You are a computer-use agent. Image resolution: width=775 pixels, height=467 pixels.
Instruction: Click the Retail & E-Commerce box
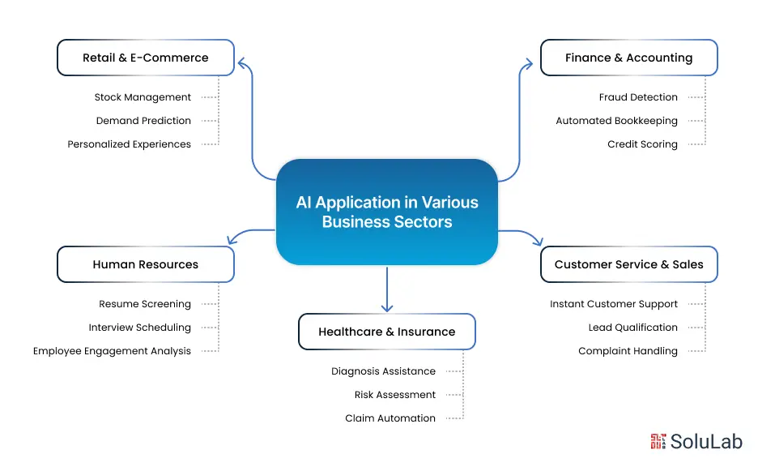146,58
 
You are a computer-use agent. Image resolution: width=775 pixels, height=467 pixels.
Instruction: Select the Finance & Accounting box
628,58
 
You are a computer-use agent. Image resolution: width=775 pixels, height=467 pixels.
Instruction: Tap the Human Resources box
146,264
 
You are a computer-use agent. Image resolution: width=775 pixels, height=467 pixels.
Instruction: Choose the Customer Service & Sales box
628,264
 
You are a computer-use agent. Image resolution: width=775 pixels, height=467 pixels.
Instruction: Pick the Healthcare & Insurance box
386,332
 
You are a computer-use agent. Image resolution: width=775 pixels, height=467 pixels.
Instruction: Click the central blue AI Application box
386,212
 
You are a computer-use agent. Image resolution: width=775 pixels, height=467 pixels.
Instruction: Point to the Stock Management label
143,97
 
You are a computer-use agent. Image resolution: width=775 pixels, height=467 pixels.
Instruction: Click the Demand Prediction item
143,121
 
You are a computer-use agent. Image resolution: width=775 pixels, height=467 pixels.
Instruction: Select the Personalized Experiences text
130,144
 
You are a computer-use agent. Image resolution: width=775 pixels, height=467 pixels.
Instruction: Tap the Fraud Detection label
638,97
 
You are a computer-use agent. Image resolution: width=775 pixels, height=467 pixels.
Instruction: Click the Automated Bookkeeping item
616,121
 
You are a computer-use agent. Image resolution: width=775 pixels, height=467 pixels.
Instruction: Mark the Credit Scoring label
642,144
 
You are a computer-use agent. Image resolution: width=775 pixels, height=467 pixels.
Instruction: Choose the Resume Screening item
145,304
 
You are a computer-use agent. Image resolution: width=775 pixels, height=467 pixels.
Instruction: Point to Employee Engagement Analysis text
112,351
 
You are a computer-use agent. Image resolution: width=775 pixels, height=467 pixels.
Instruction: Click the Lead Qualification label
632,328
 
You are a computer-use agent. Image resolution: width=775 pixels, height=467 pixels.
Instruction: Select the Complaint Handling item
628,351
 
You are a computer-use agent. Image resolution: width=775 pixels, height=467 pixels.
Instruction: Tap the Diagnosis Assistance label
383,371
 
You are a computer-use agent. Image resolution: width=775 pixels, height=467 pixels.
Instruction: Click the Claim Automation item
390,418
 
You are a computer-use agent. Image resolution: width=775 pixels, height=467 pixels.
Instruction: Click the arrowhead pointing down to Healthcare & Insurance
387,307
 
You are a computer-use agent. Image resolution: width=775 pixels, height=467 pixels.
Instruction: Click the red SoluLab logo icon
658,441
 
